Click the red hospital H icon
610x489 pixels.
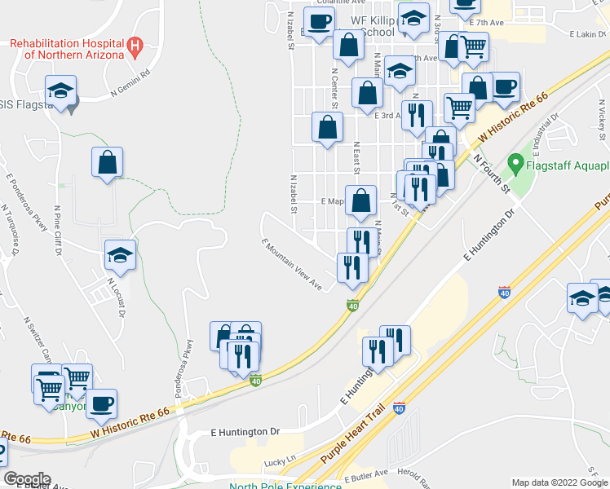[136, 47]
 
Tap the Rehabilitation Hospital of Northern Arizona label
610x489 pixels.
[67, 49]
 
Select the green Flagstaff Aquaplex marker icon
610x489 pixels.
[515, 165]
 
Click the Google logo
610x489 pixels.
[26, 479]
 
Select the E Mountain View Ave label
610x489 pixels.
[292, 264]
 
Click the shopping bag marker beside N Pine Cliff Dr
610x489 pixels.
[107, 161]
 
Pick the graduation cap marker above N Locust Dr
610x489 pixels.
[120, 255]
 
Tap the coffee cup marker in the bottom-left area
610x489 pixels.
[101, 403]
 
